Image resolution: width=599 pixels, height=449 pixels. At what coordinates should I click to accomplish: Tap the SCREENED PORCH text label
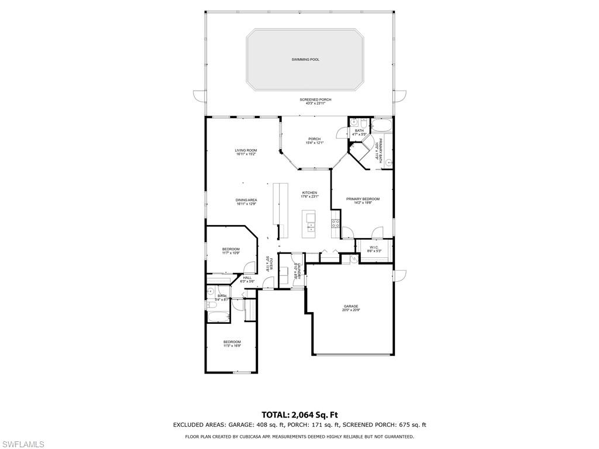pyautogui.click(x=315, y=100)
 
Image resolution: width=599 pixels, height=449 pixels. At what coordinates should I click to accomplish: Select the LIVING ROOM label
pyautogui.click(x=246, y=150)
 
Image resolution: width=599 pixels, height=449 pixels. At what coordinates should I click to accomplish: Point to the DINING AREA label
pyautogui.click(x=246, y=200)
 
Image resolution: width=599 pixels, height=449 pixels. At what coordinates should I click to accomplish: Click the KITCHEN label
pyautogui.click(x=309, y=193)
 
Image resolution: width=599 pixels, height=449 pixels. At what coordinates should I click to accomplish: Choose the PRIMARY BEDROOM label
pyautogui.click(x=363, y=199)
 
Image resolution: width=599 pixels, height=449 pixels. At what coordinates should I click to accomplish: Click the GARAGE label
pyautogui.click(x=350, y=306)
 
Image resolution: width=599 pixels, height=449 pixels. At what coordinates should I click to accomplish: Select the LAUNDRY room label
pyautogui.click(x=298, y=269)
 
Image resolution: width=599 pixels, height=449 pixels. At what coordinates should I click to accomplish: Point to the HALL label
pyautogui.click(x=247, y=278)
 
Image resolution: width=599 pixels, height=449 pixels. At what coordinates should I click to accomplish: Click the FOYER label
pyautogui.click(x=271, y=261)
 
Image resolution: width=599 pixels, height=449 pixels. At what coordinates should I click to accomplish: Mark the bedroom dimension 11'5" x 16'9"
pyautogui.click(x=232, y=346)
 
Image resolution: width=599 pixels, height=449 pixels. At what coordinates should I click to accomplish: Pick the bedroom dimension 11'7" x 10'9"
pyautogui.click(x=230, y=253)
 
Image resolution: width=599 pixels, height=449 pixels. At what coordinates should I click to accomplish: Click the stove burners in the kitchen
pyautogui.click(x=336, y=223)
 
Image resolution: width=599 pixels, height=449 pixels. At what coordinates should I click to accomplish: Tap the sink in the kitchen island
pyautogui.click(x=310, y=219)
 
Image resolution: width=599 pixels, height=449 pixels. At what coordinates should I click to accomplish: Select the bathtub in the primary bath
pyautogui.click(x=384, y=126)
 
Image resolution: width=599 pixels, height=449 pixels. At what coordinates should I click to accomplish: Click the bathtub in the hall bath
pyautogui.click(x=218, y=317)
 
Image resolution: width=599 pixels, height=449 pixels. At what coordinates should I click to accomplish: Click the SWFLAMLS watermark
pyautogui.click(x=23, y=444)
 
